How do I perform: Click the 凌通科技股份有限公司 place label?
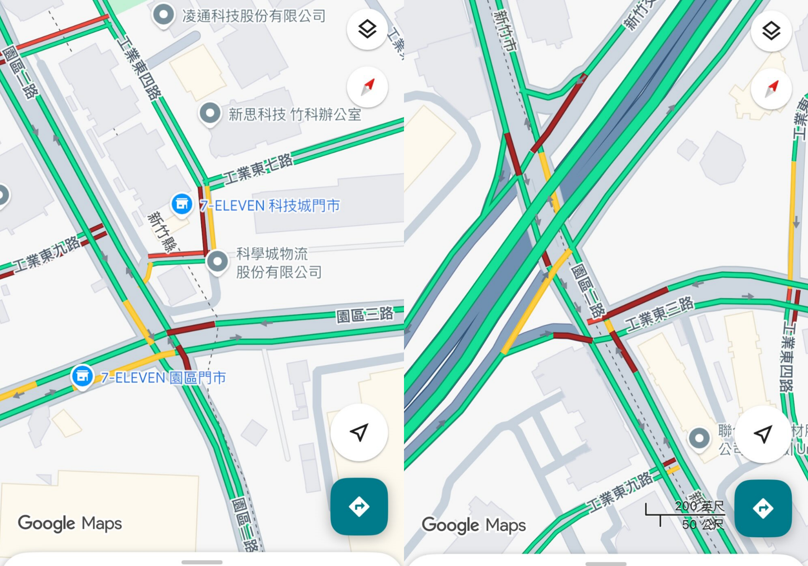pos(254,16)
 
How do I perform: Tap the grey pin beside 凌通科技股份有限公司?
pos(163,15)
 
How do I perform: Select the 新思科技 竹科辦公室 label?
pos(295,115)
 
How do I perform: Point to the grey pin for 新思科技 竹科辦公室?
pos(210,113)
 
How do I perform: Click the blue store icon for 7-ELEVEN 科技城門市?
pos(182,204)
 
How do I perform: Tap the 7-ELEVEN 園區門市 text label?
pos(163,378)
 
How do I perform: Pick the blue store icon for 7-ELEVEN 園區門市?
pos(82,376)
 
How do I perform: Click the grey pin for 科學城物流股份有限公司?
pos(217,262)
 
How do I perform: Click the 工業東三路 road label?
pos(659,314)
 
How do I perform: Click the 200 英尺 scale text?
pos(699,506)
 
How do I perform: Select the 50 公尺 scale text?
pos(703,524)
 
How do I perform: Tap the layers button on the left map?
pos(367,30)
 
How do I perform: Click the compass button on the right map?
pos(771,88)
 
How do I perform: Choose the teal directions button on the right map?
pos(763,508)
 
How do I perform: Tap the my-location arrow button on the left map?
pos(359,433)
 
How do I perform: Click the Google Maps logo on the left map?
pos(70,523)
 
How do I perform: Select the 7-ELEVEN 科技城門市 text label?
pos(270,206)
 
